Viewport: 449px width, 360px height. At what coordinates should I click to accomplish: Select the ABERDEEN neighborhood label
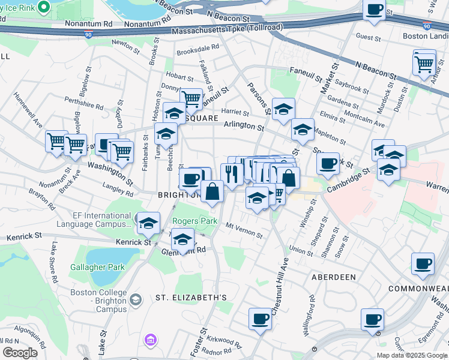(x=333, y=277)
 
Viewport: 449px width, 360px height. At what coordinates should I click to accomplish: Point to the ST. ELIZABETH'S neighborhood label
(x=191, y=298)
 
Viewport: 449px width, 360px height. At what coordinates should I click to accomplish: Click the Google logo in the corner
(x=20, y=353)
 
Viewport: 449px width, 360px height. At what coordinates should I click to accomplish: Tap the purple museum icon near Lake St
(x=150, y=340)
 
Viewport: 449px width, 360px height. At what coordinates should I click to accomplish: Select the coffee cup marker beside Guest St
(x=375, y=10)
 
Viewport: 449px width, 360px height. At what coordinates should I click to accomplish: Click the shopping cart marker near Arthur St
(x=424, y=62)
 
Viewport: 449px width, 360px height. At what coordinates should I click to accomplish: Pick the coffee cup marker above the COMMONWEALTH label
(x=423, y=263)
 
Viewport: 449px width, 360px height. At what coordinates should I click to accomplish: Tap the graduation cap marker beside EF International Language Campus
(x=148, y=224)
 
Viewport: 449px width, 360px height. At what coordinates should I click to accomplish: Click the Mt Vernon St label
(x=244, y=230)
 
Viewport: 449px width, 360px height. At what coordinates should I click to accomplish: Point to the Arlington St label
(x=244, y=127)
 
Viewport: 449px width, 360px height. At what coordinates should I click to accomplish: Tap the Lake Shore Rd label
(x=54, y=262)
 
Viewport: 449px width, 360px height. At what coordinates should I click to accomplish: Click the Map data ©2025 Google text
(x=412, y=355)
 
